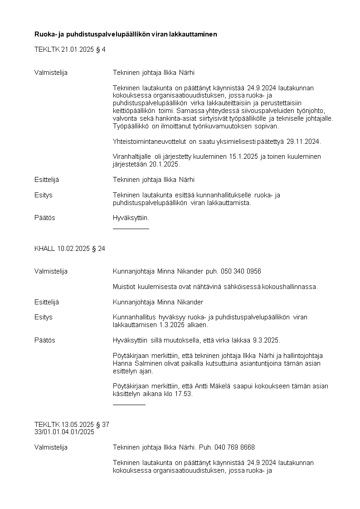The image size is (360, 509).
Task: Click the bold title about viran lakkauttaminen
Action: click(126, 34)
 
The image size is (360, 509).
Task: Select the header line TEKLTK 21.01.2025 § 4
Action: click(70, 49)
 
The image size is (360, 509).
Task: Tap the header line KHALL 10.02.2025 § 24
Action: click(69, 248)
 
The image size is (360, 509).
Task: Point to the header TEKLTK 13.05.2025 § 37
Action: click(72, 425)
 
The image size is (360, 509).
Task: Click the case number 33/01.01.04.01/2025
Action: click(64, 432)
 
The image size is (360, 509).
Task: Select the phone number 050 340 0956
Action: click(241, 271)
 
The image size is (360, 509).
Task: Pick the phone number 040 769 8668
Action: click(234, 447)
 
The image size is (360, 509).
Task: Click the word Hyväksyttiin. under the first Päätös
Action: click(131, 218)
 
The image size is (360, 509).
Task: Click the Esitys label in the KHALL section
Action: click(44, 317)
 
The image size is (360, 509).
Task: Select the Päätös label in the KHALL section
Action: click(45, 340)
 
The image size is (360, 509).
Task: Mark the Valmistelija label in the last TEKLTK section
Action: click(51, 447)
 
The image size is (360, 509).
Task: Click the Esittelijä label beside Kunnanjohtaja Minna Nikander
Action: click(47, 302)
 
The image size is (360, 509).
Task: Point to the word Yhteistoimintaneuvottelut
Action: click(150, 141)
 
